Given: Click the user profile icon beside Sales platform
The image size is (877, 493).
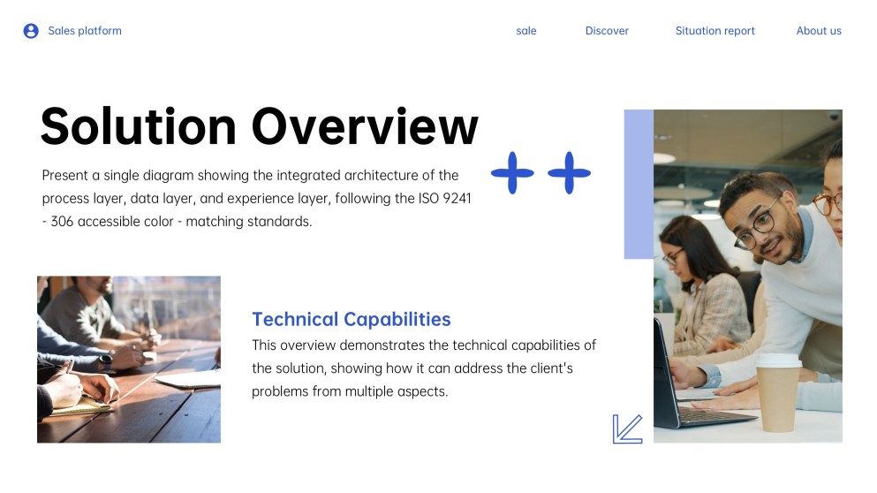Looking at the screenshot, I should [x=31, y=31].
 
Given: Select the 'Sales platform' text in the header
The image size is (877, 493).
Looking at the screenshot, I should [x=85, y=31].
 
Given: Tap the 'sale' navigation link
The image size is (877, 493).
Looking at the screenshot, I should [x=526, y=31].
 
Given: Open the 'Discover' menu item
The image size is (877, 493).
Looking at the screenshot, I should [x=607, y=31].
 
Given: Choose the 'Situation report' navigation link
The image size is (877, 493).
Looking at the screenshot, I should [x=714, y=31].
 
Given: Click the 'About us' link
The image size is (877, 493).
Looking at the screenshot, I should [x=819, y=31].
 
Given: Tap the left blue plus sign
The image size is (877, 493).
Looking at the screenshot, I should [x=512, y=172].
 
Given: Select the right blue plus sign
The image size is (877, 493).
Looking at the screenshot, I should [x=570, y=172].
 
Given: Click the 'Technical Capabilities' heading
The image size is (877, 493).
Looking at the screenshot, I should [x=352, y=320].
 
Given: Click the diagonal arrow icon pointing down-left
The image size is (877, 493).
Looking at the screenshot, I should [x=627, y=429].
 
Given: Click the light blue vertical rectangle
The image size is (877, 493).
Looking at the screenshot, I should [x=639, y=184].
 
